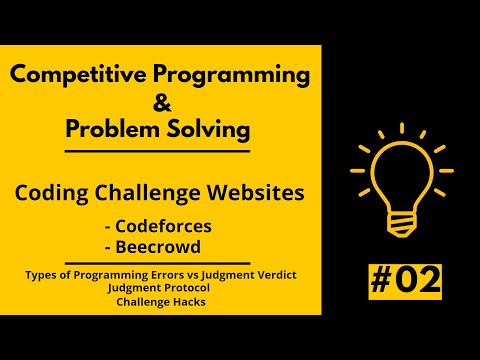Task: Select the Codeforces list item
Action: point(164,225)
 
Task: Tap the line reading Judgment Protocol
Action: point(161,288)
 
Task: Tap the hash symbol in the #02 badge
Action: point(380,283)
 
